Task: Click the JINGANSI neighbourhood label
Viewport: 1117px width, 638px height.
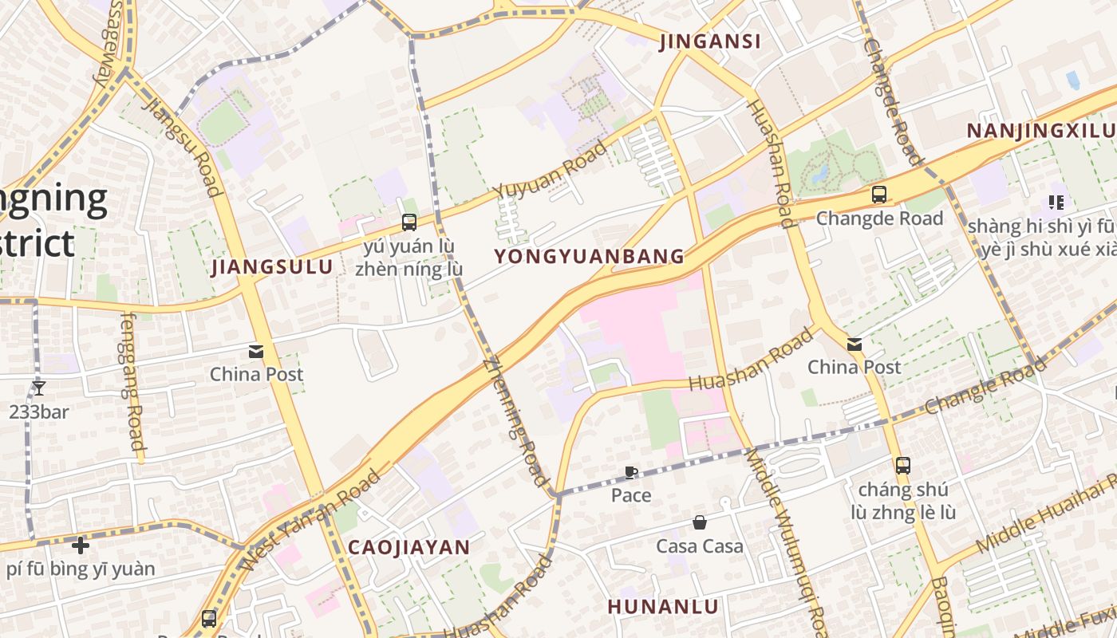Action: (710, 42)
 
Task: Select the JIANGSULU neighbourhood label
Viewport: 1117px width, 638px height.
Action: (272, 267)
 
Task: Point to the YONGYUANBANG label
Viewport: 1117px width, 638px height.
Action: (589, 256)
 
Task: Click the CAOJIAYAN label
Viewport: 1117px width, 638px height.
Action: (409, 547)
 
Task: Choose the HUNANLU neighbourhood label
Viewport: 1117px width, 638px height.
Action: (663, 606)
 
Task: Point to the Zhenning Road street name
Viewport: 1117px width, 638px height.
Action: (517, 420)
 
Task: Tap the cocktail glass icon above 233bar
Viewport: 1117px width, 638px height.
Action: (38, 388)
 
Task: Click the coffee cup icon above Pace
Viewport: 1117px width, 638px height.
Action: (630, 472)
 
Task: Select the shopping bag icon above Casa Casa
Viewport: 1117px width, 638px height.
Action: (700, 522)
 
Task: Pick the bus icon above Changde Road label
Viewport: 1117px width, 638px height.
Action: (879, 194)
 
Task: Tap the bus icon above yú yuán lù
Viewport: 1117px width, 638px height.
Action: (409, 222)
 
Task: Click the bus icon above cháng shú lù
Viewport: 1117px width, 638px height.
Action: (903, 465)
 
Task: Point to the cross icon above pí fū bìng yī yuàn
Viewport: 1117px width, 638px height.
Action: (80, 545)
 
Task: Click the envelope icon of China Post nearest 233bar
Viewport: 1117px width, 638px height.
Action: (256, 351)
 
